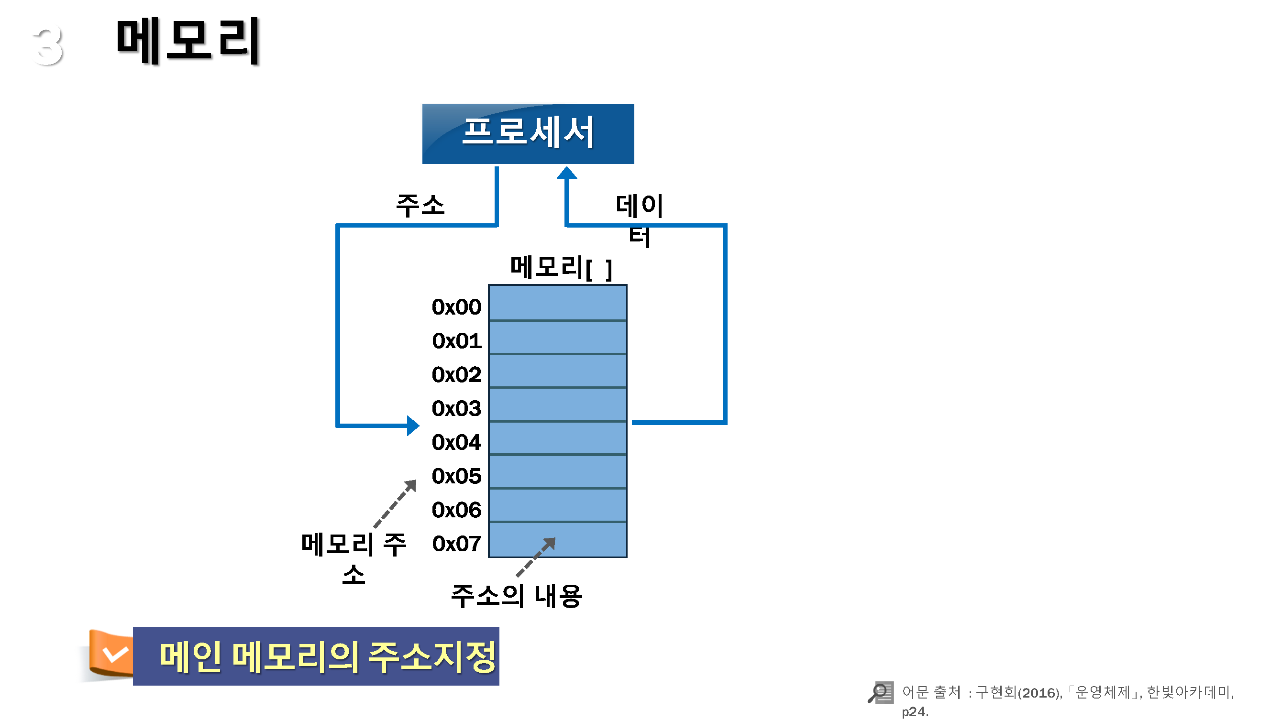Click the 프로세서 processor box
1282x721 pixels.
click(x=528, y=133)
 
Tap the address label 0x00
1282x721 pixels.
click(x=456, y=307)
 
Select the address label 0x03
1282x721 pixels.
click(x=456, y=408)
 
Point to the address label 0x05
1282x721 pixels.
click(x=456, y=476)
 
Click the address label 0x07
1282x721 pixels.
click(x=456, y=544)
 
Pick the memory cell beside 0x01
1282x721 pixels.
click(x=557, y=338)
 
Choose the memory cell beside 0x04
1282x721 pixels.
click(x=557, y=438)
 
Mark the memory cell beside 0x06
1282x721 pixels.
click(x=557, y=505)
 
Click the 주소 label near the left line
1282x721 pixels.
click(x=420, y=205)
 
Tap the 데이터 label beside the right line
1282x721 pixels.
click(x=640, y=220)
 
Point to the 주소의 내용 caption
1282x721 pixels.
click(x=516, y=596)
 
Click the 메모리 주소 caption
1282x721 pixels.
click(x=354, y=558)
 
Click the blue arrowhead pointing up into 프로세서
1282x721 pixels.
click(x=566, y=173)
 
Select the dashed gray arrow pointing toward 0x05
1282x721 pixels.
click(x=395, y=503)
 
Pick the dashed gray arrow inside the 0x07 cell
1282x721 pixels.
click(x=535, y=557)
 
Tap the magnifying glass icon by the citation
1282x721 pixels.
click(x=880, y=692)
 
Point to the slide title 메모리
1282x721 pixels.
click(x=188, y=41)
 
